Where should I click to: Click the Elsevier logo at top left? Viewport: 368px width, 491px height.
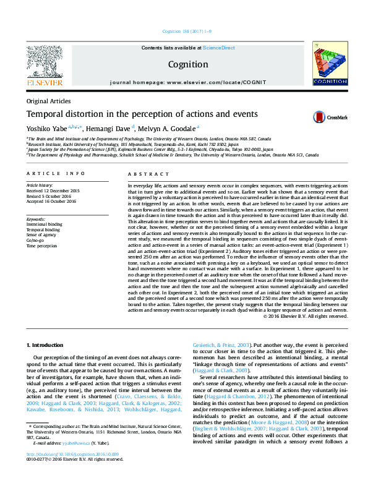pos(44,66)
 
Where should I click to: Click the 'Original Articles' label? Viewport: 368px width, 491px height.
pos(48,101)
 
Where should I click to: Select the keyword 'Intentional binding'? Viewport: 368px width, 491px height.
pos(45,224)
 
